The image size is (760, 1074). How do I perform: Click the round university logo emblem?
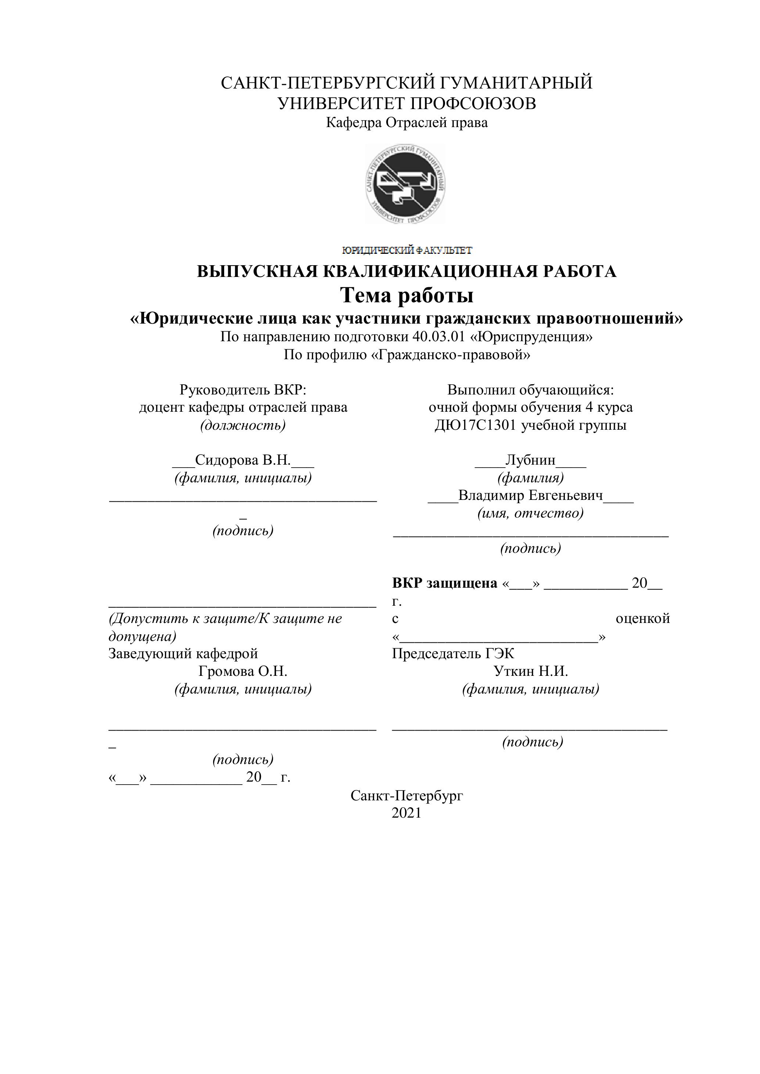coord(405,183)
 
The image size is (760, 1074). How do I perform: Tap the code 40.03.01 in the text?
coord(439,337)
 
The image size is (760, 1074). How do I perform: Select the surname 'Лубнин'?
coord(530,460)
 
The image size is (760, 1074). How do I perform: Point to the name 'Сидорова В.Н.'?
coord(243,460)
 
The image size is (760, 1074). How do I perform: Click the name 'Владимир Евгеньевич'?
coord(530,495)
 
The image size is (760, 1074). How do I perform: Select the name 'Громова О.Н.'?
coord(243,672)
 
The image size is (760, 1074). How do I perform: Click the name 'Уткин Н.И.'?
coord(531,672)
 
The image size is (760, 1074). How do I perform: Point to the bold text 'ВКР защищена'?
coord(445,583)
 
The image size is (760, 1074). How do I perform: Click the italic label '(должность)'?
coord(243,426)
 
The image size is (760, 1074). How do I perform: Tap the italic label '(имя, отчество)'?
coord(530,513)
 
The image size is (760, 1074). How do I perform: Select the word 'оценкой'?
coord(642,619)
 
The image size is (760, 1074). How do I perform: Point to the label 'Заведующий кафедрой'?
coord(183,654)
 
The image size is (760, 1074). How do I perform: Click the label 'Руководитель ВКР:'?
coord(243,390)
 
